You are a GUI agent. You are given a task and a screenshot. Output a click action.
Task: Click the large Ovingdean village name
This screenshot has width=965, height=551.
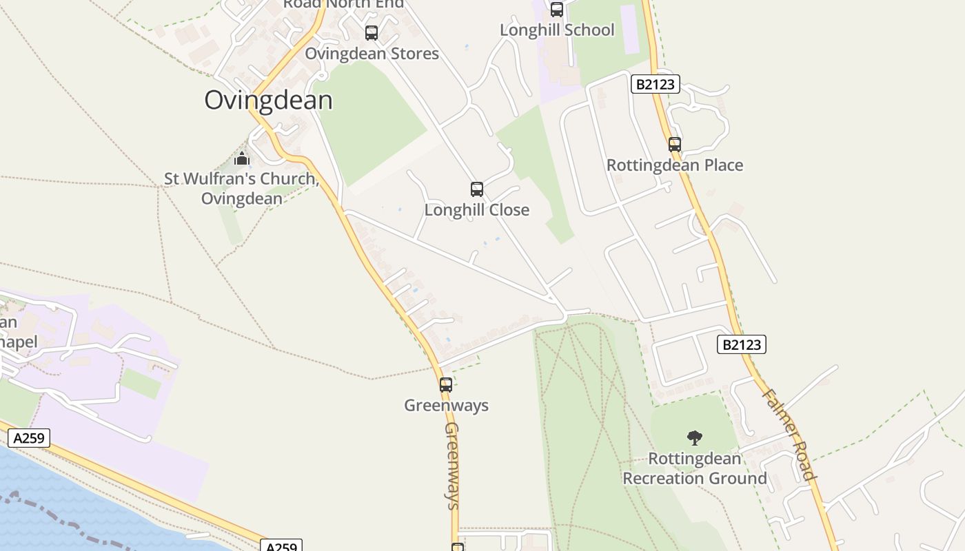click(x=268, y=101)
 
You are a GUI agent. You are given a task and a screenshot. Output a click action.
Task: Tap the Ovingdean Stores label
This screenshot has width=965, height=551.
click(x=372, y=54)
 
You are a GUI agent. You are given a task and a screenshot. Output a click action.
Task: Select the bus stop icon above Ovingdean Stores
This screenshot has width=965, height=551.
click(x=372, y=32)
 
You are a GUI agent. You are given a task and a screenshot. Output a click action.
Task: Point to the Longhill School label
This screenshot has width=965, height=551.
click(x=557, y=30)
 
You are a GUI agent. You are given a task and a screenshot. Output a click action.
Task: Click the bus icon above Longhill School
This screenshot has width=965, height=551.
click(x=557, y=10)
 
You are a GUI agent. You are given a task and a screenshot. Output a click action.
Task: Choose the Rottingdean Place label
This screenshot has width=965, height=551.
click(x=675, y=165)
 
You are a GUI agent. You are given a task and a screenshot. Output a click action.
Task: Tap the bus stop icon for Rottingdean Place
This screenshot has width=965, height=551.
click(x=675, y=145)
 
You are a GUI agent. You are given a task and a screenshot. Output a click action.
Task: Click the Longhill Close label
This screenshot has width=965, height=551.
click(x=477, y=210)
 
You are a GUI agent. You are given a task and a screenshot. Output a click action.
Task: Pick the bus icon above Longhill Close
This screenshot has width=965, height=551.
click(x=477, y=189)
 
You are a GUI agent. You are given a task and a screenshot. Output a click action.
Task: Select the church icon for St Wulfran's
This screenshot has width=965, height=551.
click(x=241, y=159)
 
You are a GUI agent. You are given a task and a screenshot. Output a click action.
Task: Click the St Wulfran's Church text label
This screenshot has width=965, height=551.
click(x=241, y=189)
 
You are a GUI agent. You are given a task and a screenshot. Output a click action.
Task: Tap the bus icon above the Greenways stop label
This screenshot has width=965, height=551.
click(x=446, y=385)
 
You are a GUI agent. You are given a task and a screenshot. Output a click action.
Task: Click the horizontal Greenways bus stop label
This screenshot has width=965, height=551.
click(x=446, y=406)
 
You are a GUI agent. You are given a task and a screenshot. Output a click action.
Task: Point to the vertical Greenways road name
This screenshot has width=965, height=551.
click(x=452, y=466)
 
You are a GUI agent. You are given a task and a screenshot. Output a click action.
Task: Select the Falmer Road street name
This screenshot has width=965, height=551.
click(x=789, y=435)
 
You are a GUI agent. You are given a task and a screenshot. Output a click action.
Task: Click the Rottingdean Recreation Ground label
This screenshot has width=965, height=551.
click(x=695, y=468)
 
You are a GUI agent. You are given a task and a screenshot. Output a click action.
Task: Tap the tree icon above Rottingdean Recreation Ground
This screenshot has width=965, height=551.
click(x=695, y=438)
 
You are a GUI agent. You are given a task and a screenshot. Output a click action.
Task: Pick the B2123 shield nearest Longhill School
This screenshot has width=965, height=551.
click(x=655, y=85)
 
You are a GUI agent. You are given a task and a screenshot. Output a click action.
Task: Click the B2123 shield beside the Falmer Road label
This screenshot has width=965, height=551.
click(x=742, y=344)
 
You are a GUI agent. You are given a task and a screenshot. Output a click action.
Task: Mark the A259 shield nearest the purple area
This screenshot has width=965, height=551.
click(x=29, y=438)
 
